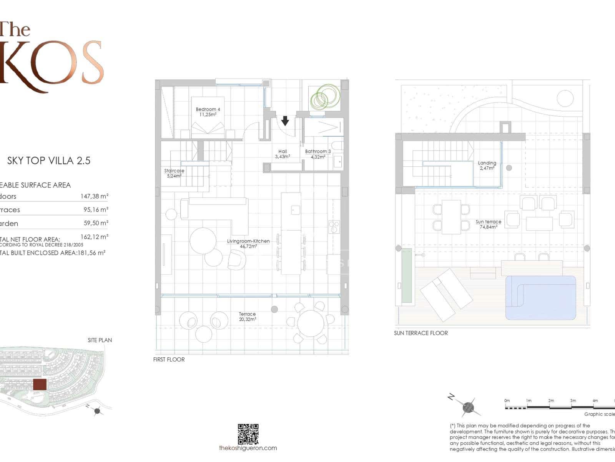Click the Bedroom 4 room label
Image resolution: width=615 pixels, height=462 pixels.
point(208,112)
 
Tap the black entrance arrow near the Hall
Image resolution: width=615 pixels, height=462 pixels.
point(285,121)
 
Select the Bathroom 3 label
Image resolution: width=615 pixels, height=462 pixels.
point(318,154)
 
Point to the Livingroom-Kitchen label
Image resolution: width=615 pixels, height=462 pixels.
point(248,243)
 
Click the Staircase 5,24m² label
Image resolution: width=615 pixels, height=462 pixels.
point(174,173)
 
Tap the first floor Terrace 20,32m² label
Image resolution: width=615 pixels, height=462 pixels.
point(247,316)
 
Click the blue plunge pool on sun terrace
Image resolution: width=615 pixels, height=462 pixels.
point(541,297)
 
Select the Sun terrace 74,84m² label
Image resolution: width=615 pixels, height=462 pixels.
point(488,224)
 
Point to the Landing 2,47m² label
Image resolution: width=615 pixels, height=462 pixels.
point(487,166)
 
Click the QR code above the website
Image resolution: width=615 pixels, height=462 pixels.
point(248,434)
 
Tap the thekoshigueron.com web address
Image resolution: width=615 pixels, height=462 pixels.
point(248,448)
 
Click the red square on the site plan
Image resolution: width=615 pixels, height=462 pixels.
point(40,384)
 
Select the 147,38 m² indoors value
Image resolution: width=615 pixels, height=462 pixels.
point(94,196)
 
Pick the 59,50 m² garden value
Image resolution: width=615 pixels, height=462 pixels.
point(96,223)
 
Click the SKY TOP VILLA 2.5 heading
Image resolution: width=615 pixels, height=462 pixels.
point(49,161)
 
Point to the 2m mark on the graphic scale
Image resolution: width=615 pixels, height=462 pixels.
point(551,401)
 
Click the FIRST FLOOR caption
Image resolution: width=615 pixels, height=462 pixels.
point(169,360)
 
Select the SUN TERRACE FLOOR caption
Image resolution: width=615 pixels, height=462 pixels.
point(421,333)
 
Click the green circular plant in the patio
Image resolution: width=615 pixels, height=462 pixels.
point(325,96)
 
